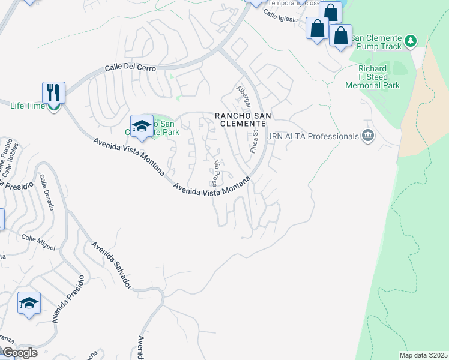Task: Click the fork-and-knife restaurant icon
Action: point(53,92)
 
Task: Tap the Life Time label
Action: point(28,106)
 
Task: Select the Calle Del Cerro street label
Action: point(130,68)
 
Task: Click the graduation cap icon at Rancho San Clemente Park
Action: point(142,125)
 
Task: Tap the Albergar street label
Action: point(243,95)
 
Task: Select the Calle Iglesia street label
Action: point(280,18)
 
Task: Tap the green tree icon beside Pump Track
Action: point(410,41)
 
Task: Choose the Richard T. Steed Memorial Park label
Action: point(373,77)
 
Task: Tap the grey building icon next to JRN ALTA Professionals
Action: point(368,137)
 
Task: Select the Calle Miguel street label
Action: point(38,242)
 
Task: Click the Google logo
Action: point(19,352)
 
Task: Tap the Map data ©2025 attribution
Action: point(423,355)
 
